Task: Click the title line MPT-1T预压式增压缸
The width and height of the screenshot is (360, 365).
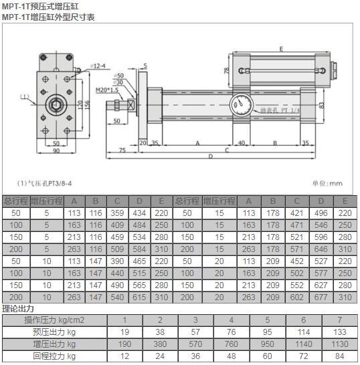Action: pos(45,6)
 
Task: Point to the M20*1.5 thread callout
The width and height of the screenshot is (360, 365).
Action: pos(106,89)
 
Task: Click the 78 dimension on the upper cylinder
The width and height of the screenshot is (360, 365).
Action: pos(226,70)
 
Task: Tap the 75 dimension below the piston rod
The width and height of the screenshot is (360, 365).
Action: pos(122,151)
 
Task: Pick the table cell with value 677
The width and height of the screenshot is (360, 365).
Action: pos(323,297)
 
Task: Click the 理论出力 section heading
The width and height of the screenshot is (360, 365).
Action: pos(18,308)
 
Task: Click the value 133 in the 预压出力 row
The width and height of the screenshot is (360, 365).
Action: pos(341,332)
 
